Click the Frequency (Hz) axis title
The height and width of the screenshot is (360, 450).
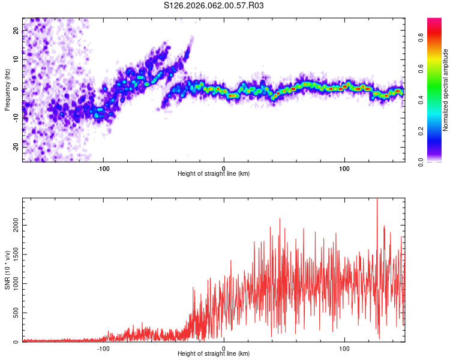(7, 89)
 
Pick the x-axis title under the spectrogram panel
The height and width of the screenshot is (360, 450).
(214, 174)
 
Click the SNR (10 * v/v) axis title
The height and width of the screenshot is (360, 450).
(7, 270)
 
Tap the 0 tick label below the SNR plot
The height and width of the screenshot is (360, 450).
(224, 347)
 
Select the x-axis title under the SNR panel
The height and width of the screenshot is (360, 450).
(214, 354)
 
